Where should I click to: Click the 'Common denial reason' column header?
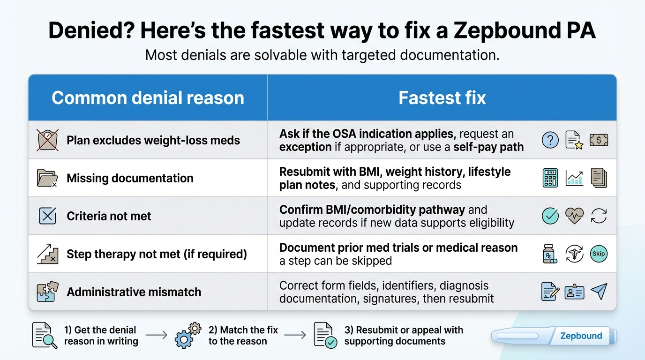click(148, 98)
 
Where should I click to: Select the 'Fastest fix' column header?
click(442, 98)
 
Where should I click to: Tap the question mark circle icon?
click(550, 140)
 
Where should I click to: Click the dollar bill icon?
click(599, 140)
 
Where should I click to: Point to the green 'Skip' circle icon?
click(599, 254)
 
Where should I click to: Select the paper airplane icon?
click(599, 292)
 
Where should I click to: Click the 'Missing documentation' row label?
click(130, 178)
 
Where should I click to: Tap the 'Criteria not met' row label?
click(109, 216)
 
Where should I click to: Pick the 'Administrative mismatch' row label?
click(134, 292)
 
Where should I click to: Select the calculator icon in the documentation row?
click(550, 178)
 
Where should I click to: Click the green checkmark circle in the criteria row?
click(550, 216)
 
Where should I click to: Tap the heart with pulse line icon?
click(574, 216)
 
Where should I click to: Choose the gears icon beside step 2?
click(187, 335)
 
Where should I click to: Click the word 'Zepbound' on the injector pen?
click(581, 336)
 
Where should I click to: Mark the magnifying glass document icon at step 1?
click(45, 335)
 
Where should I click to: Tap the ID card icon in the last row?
click(574, 292)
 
